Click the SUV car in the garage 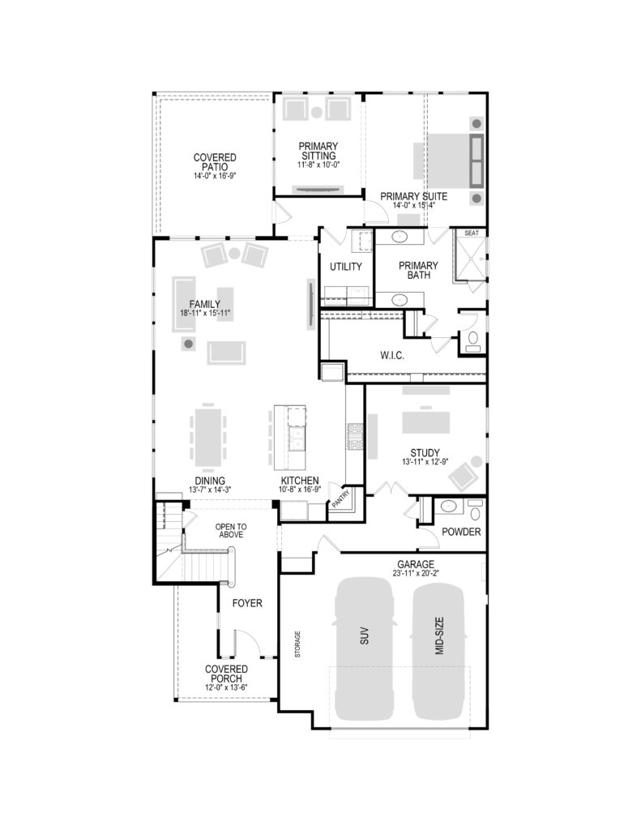click(364, 648)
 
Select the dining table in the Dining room click(208, 437)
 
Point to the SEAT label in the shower click(471, 233)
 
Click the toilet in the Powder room click(475, 511)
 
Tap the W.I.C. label click(392, 356)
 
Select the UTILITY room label click(346, 267)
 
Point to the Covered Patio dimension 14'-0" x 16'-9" click(215, 176)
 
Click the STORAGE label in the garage click(297, 644)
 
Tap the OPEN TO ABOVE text click(231, 530)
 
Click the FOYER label click(247, 603)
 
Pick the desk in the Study click(426, 421)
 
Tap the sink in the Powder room click(449, 506)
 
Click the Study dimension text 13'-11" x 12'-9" click(425, 461)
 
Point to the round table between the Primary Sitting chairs click(317, 112)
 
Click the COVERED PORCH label click(227, 674)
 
